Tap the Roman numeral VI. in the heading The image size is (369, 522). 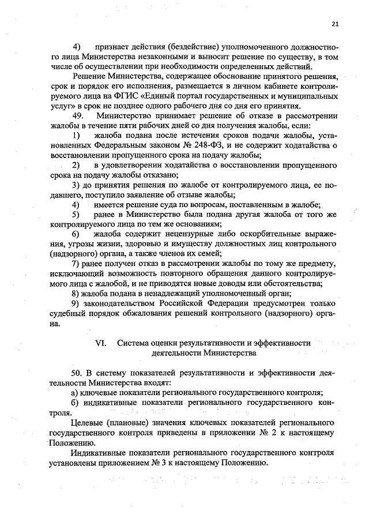click(101, 343)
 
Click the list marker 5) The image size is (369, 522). click(76, 214)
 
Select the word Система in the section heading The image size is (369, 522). click(134, 343)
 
